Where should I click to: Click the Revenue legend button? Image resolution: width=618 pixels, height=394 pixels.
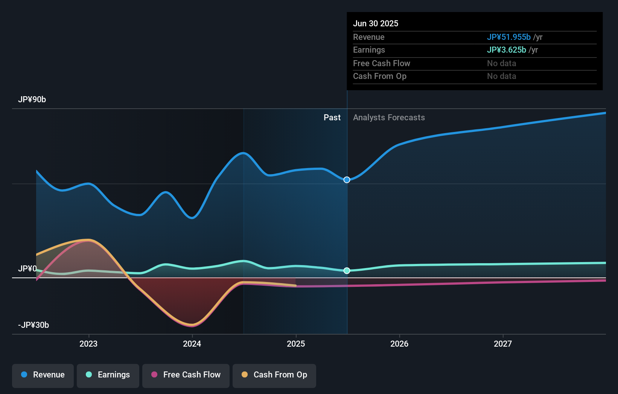tap(43, 375)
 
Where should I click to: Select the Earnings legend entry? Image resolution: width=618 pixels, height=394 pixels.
tap(108, 375)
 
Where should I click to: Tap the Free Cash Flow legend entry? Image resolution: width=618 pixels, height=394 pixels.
tap(186, 375)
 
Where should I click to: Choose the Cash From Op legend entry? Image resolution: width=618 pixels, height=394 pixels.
tap(274, 375)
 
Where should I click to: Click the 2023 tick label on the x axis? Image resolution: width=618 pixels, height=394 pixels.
tap(88, 344)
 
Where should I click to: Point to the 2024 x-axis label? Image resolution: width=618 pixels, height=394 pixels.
tap(192, 344)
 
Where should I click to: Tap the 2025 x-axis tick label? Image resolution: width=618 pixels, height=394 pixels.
tap(296, 344)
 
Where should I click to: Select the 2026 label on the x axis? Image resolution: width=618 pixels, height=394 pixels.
tap(399, 344)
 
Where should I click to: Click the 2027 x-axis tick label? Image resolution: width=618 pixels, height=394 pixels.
tap(503, 344)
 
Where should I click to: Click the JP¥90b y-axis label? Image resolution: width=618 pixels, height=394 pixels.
tap(32, 100)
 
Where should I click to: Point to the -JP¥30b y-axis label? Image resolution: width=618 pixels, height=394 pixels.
tap(33, 325)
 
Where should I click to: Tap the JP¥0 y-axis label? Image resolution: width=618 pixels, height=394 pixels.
tap(27, 269)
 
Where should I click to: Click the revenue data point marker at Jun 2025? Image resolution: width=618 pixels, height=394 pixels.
tap(347, 180)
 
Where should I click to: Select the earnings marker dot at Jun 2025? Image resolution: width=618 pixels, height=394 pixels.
tap(347, 271)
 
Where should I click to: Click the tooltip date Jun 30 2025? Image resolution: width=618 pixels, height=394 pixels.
tap(376, 23)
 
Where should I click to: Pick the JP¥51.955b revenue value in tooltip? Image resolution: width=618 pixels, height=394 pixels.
tap(509, 37)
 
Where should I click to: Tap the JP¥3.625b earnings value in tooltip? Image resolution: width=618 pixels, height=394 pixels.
tap(507, 50)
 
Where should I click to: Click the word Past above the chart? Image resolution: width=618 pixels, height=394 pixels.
tap(332, 118)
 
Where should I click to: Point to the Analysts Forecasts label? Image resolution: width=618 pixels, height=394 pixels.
tap(389, 118)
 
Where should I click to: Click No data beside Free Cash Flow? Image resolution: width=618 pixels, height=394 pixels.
tap(501, 64)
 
